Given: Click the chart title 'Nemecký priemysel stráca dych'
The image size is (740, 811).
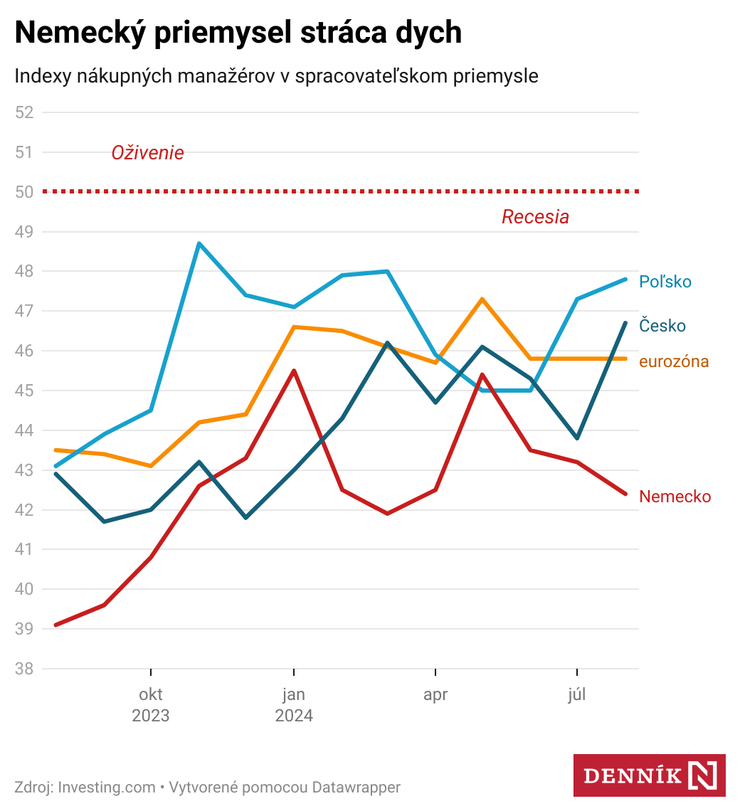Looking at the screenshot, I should pos(238,33).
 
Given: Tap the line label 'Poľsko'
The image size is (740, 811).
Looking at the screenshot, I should pos(665,282).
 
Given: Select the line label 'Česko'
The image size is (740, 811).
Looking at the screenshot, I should pos(662,326).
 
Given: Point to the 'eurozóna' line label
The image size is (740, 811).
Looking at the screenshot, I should pos(674,361).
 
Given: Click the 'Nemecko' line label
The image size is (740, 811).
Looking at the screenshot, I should pos(675,497).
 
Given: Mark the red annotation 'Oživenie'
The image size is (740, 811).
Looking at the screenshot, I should pos(147,153).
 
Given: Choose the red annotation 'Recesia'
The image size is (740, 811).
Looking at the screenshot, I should pos(535,217).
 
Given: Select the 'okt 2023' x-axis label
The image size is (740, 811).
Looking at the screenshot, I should pos(151,704).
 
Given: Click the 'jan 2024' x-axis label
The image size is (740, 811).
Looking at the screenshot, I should pos(294,704).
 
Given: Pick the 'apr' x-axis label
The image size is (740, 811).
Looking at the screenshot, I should pos(435,695).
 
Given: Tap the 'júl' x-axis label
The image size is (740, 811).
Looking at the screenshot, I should pos(577,695).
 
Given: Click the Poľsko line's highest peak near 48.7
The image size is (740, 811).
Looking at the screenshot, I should pos(199,244).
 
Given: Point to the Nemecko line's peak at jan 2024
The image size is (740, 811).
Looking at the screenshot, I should pos(294,371).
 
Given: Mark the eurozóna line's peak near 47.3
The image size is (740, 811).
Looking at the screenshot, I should pos(482,299).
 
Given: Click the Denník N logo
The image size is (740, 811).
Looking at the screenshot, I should pos(649,775).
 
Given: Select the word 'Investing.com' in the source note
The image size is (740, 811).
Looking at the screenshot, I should pos(107,788).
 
